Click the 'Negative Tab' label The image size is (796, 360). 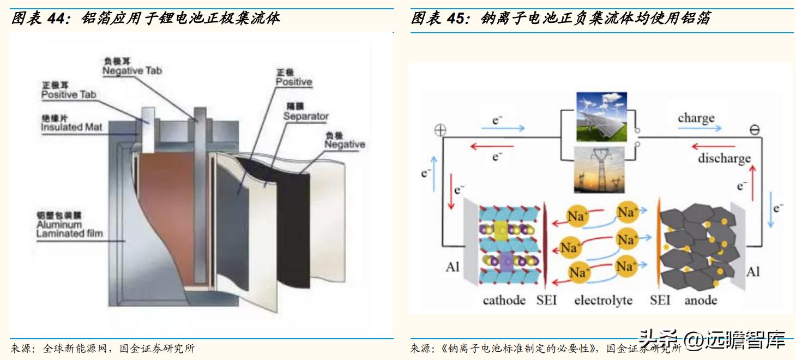(x=132, y=70)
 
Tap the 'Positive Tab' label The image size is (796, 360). (x=69, y=94)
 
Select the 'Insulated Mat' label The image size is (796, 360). (x=71, y=127)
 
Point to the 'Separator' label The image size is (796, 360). (x=306, y=116)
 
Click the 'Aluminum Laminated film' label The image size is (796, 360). (x=69, y=229)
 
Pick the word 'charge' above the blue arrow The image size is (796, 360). (x=696, y=118)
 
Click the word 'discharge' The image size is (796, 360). (x=724, y=159)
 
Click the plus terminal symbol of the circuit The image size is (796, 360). (x=439, y=130)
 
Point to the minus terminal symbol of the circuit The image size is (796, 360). (x=755, y=130)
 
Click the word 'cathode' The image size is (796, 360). (x=504, y=301)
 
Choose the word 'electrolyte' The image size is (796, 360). (x=603, y=301)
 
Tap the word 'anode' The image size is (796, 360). (x=701, y=301)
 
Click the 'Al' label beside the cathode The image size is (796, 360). (x=453, y=267)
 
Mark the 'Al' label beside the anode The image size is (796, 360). (x=752, y=272)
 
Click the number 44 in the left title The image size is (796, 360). (x=56, y=18)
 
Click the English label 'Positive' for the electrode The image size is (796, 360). (x=293, y=82)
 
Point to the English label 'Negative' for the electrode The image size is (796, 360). (x=345, y=145)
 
